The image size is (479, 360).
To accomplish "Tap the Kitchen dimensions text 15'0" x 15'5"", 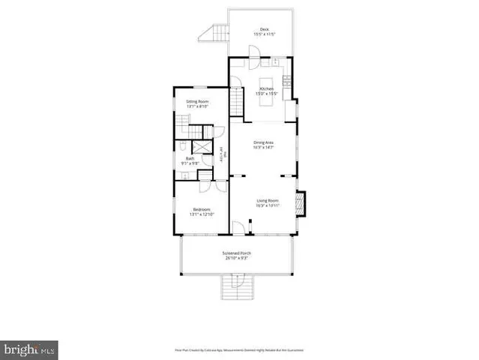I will tap(268, 94).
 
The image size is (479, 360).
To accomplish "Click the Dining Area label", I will tap(262, 142).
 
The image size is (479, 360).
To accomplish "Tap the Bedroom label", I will tap(202, 209).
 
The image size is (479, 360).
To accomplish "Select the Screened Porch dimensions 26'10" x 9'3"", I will tap(236, 259).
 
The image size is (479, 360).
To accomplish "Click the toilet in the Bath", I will tap(182, 147).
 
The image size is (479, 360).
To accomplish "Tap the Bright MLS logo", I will tap(30, 349).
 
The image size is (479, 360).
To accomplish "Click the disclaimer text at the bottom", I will tap(239, 349).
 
